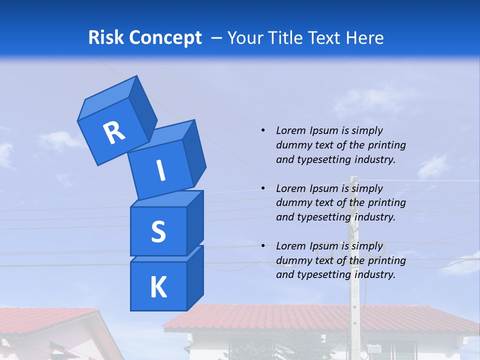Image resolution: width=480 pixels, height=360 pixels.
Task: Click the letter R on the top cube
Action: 114,132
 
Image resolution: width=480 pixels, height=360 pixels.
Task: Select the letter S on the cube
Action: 158,231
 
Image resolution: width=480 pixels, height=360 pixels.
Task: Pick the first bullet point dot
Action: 263,130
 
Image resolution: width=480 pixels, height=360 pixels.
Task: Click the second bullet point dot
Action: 263,188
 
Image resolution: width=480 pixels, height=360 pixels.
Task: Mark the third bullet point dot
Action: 263,246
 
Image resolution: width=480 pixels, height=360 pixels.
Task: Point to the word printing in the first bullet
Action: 386,145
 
